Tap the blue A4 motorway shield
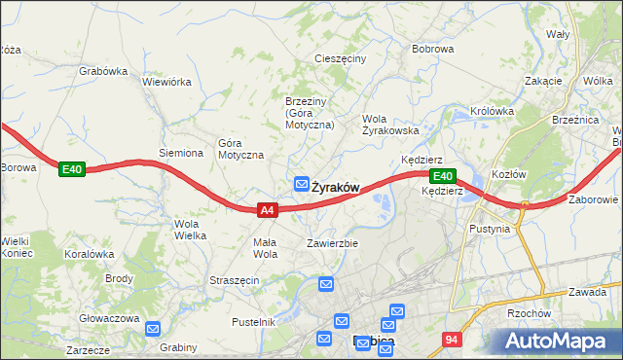(x=269, y=209)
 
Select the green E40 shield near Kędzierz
(x=442, y=176)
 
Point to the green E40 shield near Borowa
(x=71, y=169)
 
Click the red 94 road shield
(x=450, y=340)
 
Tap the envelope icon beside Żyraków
(x=303, y=184)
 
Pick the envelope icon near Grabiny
(x=153, y=329)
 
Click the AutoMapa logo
(x=558, y=341)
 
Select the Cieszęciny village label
(x=340, y=58)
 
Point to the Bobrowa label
(x=433, y=48)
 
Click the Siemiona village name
(x=181, y=153)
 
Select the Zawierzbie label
(x=334, y=243)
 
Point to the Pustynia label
(x=489, y=229)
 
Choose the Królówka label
(x=492, y=111)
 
